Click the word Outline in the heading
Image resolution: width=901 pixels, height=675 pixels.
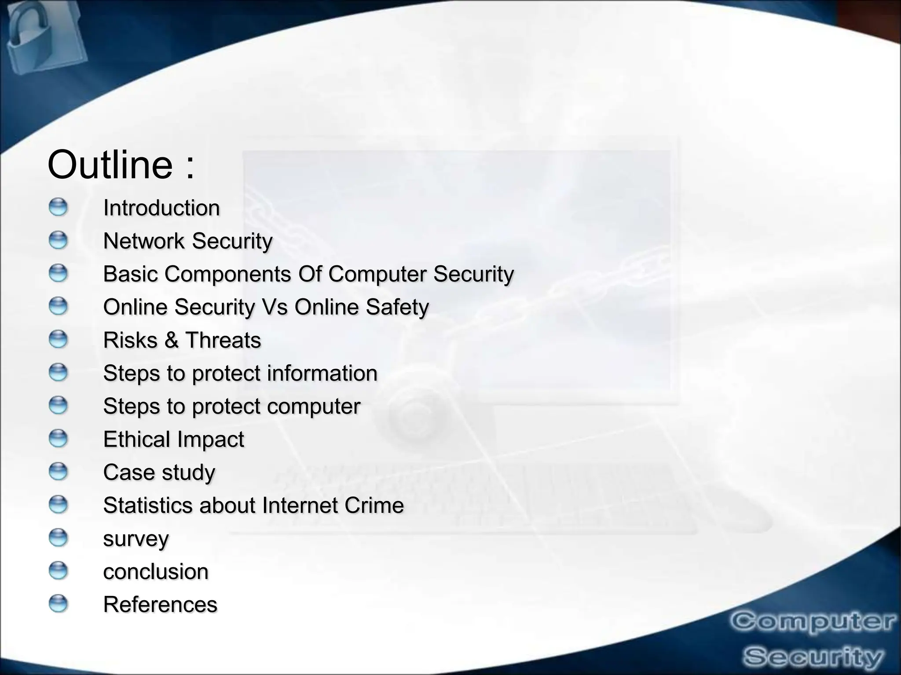click(x=110, y=165)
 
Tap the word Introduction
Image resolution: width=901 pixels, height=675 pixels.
click(x=161, y=208)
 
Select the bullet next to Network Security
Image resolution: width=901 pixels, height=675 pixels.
click(x=58, y=241)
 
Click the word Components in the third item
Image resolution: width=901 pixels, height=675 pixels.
click(x=228, y=274)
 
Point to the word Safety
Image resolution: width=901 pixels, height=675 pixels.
click(x=397, y=307)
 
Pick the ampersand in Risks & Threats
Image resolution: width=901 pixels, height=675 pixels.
click(x=171, y=340)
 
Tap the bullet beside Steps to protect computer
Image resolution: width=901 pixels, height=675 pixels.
click(x=58, y=406)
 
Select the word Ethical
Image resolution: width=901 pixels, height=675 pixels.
click(x=136, y=439)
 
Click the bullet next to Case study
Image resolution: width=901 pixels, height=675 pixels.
click(x=58, y=472)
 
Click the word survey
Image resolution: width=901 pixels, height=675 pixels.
click(x=136, y=539)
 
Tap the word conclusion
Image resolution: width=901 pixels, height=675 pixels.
click(x=156, y=572)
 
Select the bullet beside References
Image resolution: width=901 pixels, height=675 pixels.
click(x=58, y=604)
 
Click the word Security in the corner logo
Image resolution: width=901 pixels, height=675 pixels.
click(x=813, y=657)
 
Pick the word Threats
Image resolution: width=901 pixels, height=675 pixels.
click(x=223, y=340)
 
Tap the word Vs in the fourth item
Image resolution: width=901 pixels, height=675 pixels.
click(x=275, y=307)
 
